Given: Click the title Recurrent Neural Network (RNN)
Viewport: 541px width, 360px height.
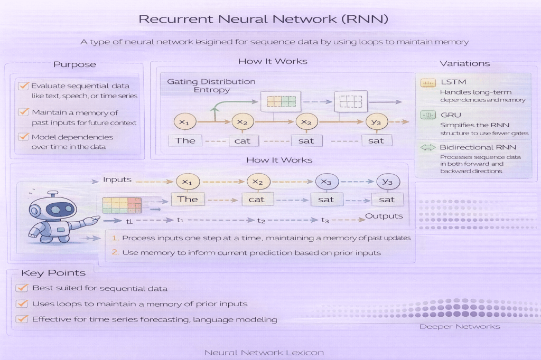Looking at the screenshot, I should (x=263, y=20).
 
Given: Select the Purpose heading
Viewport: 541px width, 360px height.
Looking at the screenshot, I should (x=74, y=64).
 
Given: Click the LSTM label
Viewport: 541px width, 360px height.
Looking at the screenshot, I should (x=450, y=83).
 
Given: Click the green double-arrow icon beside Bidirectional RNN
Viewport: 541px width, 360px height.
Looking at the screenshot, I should (x=426, y=147).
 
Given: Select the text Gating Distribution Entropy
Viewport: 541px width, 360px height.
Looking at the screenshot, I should (x=211, y=86).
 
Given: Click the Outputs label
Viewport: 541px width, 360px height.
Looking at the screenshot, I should (x=384, y=216).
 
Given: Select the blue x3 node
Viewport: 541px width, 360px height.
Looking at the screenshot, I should (x=326, y=182).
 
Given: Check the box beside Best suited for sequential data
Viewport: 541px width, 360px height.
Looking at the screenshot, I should (x=22, y=288).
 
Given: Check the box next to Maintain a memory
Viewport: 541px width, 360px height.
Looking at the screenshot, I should (x=23, y=112).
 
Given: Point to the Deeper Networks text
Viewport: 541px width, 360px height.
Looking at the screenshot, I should (x=459, y=327).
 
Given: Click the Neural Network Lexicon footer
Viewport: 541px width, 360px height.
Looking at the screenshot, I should (x=264, y=352).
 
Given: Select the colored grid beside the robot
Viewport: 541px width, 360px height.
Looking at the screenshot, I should (x=122, y=204).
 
